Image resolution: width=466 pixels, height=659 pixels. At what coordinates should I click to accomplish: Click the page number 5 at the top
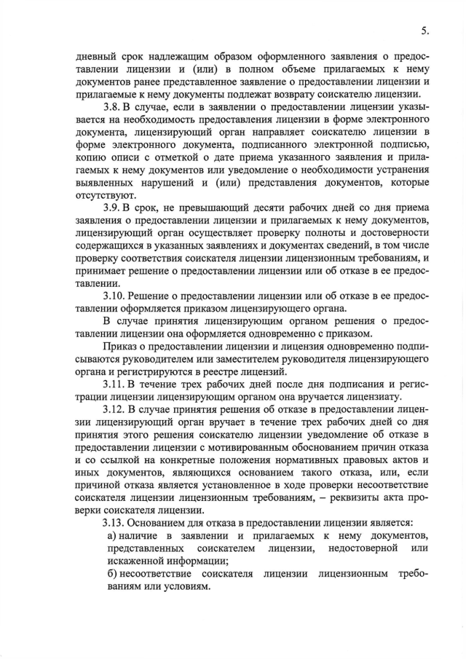point(424,31)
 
